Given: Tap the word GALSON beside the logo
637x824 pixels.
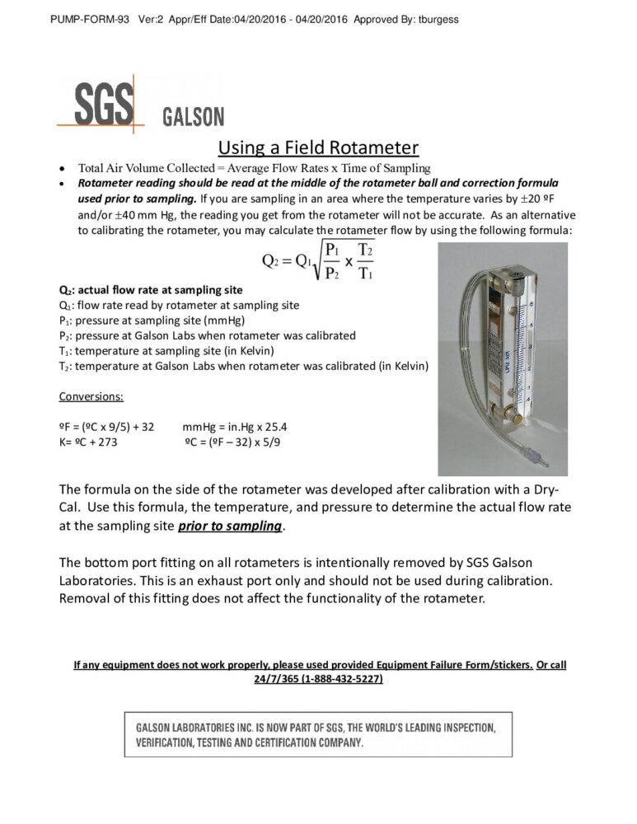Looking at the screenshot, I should (193, 116).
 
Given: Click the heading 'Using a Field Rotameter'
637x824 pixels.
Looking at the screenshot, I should (318, 147).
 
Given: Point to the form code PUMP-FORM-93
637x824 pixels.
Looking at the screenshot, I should (88, 19).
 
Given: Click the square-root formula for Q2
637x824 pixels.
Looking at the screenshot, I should (318, 260).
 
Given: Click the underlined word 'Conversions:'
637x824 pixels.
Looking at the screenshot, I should (91, 396).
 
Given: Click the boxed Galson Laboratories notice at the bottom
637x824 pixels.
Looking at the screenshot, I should (318, 735).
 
